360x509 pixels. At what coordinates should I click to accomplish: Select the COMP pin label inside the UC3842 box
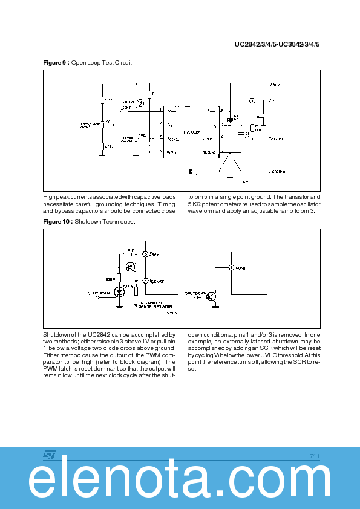click(x=172, y=111)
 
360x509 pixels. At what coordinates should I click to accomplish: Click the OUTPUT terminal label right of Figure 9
click(x=277, y=138)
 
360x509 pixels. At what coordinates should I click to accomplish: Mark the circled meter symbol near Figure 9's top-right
click(x=253, y=100)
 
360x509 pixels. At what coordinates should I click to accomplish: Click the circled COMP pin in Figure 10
click(x=231, y=267)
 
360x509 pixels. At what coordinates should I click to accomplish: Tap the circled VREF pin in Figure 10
click(x=145, y=254)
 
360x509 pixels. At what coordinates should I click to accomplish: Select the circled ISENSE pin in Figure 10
click(x=145, y=281)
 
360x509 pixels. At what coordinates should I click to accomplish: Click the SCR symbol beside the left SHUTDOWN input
click(x=119, y=292)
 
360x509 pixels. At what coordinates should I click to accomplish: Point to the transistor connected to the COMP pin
click(x=211, y=296)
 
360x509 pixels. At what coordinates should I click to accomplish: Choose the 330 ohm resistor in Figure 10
click(x=119, y=279)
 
